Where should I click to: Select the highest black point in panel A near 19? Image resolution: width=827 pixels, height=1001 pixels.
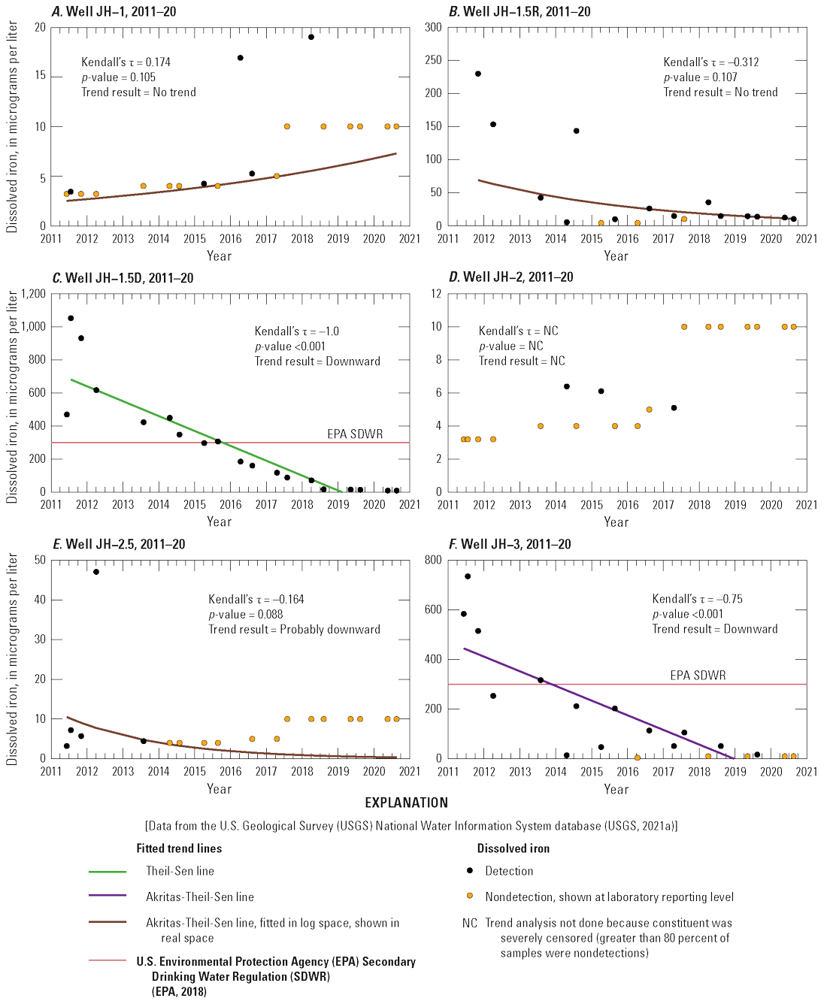[311, 37]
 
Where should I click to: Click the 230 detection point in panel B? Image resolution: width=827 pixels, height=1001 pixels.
[478, 74]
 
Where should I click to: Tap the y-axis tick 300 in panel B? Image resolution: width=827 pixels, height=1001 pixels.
[433, 27]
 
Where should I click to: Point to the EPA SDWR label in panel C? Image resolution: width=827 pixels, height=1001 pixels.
[354, 434]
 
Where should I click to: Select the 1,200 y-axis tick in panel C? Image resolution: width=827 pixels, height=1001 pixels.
[32, 294]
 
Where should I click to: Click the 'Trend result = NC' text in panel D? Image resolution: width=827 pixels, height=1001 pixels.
[522, 361]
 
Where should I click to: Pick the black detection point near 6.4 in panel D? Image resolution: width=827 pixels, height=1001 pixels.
[567, 386]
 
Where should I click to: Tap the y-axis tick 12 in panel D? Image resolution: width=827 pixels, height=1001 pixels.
[436, 294]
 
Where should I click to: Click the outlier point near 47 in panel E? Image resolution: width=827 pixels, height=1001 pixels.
[96, 572]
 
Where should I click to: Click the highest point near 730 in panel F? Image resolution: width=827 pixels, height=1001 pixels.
[468, 576]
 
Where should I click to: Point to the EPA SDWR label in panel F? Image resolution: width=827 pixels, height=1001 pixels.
[698, 675]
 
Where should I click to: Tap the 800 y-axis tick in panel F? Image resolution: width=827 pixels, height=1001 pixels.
[433, 560]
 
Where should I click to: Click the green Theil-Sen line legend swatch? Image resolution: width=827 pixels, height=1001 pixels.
[108, 872]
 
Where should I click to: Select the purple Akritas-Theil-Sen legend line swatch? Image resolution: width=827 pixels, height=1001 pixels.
[108, 896]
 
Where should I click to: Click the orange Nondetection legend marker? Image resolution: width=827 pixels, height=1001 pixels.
[470, 896]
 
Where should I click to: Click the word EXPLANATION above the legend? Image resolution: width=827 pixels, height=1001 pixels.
[406, 803]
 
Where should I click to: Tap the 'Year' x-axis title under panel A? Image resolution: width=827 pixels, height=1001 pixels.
[219, 256]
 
